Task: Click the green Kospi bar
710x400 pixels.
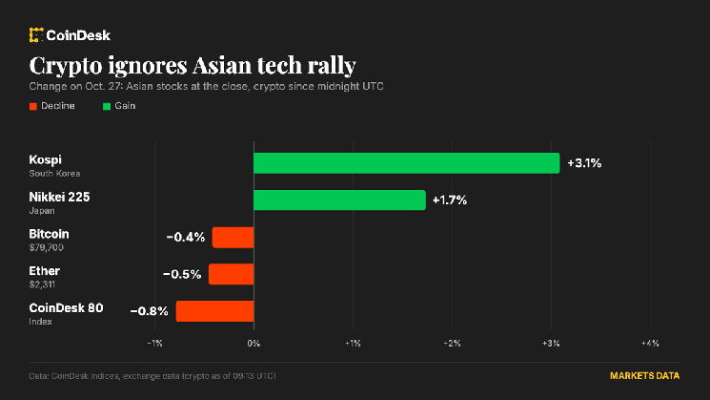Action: pyautogui.click(x=407, y=163)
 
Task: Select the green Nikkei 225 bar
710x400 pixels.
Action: pyautogui.click(x=339, y=200)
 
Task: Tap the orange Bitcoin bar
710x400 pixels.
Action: pyautogui.click(x=233, y=237)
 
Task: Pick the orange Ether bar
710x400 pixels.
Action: pyautogui.click(x=231, y=274)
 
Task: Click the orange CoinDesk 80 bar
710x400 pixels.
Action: pyautogui.click(x=214, y=311)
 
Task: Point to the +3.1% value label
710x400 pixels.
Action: pyautogui.click(x=584, y=163)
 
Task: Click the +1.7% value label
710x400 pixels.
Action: pyautogui.click(x=450, y=200)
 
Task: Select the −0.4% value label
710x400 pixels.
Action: pyautogui.click(x=186, y=237)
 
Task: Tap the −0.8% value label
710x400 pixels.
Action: pyautogui.click(x=149, y=311)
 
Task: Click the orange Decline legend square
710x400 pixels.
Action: pyautogui.click(x=33, y=106)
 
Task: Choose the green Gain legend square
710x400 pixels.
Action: pyautogui.click(x=107, y=106)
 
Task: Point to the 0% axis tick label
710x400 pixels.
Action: pyautogui.click(x=254, y=344)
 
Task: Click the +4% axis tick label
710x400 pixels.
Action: pyautogui.click(x=650, y=344)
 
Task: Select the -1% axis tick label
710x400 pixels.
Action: pyautogui.click(x=154, y=344)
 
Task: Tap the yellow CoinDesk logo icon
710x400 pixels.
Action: pyautogui.click(x=36, y=35)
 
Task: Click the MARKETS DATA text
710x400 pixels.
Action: pyautogui.click(x=645, y=375)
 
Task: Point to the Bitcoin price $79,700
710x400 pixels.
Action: pyautogui.click(x=46, y=247)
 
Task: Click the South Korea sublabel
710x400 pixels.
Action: pyautogui.click(x=54, y=173)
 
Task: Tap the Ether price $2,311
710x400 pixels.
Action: pyautogui.click(x=42, y=284)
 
